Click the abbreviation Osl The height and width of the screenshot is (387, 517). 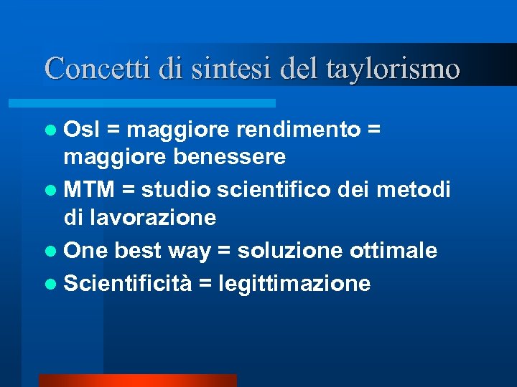pyautogui.click(x=82, y=129)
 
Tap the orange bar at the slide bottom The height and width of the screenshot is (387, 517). pyautogui.click(x=137, y=381)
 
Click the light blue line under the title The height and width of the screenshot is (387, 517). pyautogui.click(x=159, y=103)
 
